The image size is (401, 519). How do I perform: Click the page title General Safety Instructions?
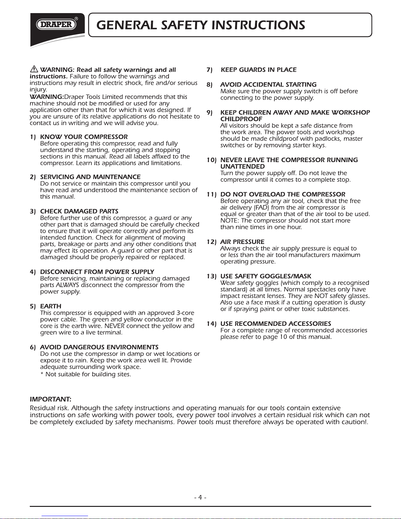coord(201,25)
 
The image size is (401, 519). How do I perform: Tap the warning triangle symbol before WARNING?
coord(34,69)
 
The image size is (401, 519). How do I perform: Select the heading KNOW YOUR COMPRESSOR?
coord(84,137)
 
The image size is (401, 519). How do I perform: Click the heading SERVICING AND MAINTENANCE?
coord(90,177)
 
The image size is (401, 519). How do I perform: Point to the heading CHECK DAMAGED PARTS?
coord(79,211)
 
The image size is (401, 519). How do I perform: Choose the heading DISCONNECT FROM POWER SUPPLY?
coord(97,272)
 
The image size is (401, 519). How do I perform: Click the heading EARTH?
coord(51,306)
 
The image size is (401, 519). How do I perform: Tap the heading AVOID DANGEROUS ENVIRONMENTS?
coord(99,347)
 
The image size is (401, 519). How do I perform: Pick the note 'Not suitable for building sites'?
coord(86,374)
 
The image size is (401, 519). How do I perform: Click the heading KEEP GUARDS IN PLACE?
coord(259,70)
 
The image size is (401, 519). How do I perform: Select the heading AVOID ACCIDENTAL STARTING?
coord(268,84)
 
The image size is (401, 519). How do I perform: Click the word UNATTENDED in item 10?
coord(243,166)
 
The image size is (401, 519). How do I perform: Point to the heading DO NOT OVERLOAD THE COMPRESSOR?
coord(283,194)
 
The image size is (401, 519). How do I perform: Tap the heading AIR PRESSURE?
coord(242,242)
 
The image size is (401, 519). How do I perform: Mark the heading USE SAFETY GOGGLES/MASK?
coord(266,276)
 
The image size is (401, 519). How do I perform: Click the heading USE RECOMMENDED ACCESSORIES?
coord(276,324)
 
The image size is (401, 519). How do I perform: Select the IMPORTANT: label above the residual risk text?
coord(50,399)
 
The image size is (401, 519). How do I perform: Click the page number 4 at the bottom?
coord(200,498)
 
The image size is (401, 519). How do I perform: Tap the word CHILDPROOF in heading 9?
coord(241,119)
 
